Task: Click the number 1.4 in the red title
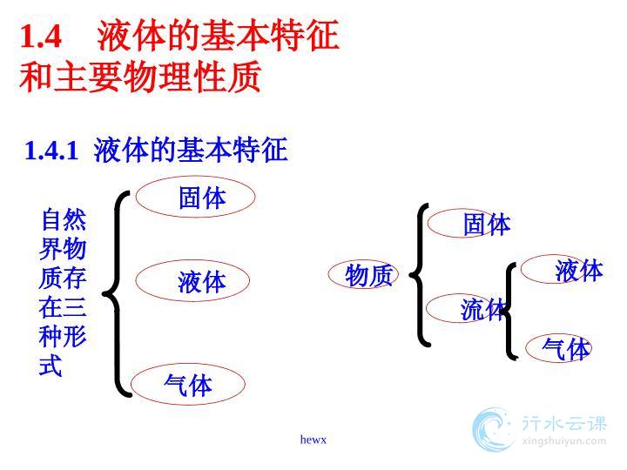point(41,37)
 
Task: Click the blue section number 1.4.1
point(51,151)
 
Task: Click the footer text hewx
point(313,440)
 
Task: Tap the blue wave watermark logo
point(492,430)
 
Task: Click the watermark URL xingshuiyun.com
point(563,441)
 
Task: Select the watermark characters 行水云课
point(563,423)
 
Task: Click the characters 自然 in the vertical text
point(64,219)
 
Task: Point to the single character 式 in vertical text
point(51,365)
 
